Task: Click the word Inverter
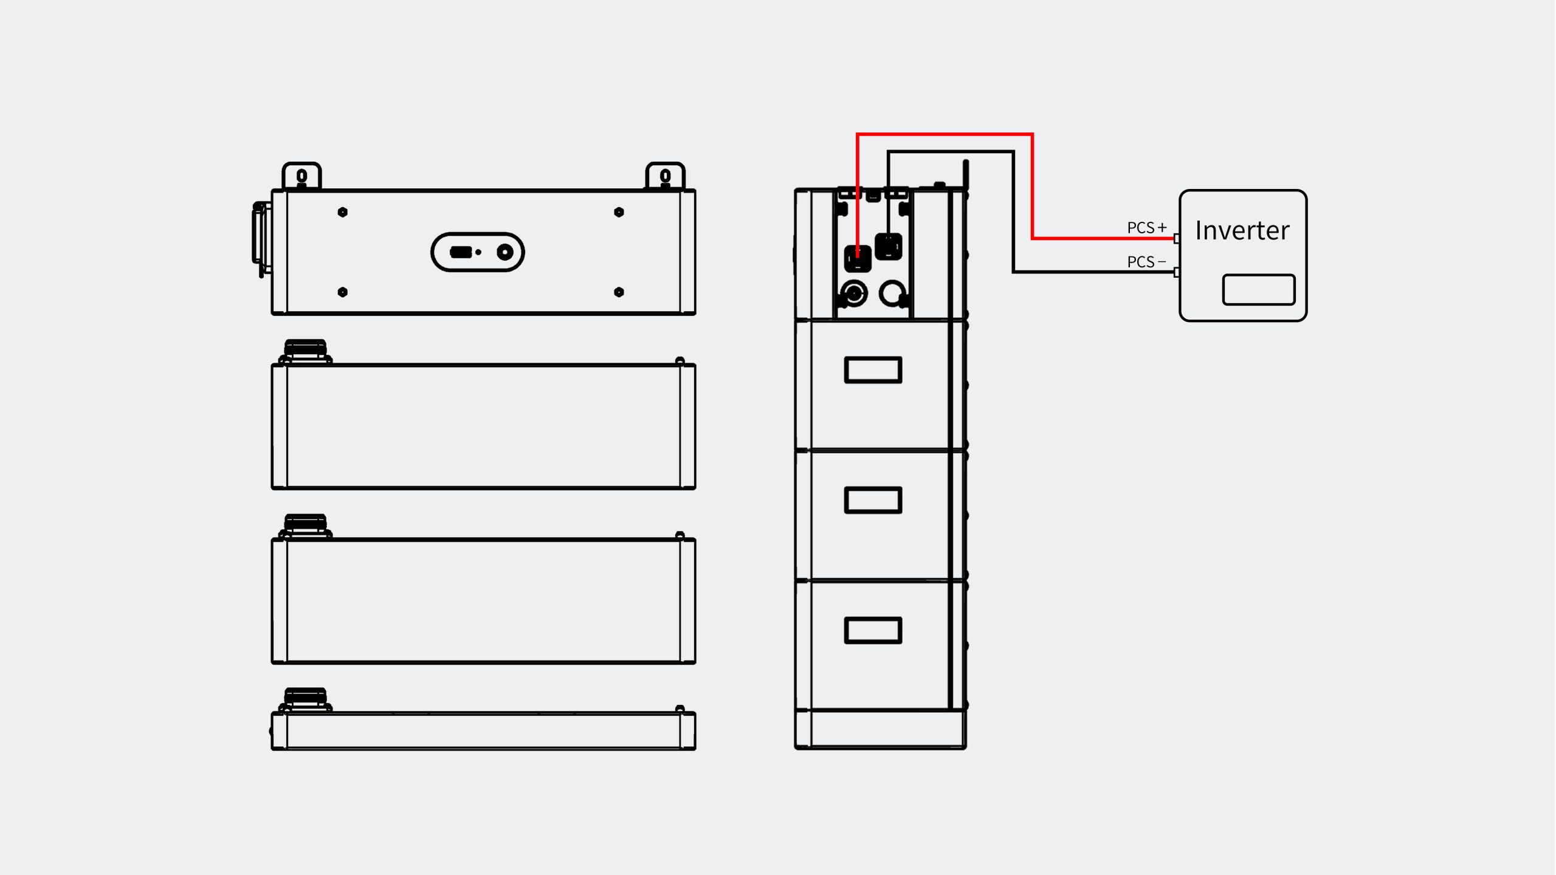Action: (x=1242, y=230)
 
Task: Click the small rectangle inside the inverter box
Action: (x=1258, y=289)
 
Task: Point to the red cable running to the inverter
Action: (x=1032, y=182)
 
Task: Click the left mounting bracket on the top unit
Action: (x=301, y=176)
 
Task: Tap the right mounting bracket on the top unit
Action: (x=665, y=176)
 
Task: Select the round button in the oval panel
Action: (x=505, y=252)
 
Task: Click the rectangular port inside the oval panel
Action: (x=460, y=252)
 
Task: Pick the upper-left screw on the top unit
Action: (x=343, y=212)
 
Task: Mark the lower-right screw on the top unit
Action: (x=619, y=292)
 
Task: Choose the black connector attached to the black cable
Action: (x=888, y=247)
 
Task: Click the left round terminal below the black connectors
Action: (x=854, y=293)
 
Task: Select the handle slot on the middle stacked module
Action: (x=873, y=500)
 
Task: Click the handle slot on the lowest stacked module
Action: (x=873, y=630)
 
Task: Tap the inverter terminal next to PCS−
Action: (x=1176, y=272)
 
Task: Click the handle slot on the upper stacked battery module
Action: (x=873, y=370)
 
